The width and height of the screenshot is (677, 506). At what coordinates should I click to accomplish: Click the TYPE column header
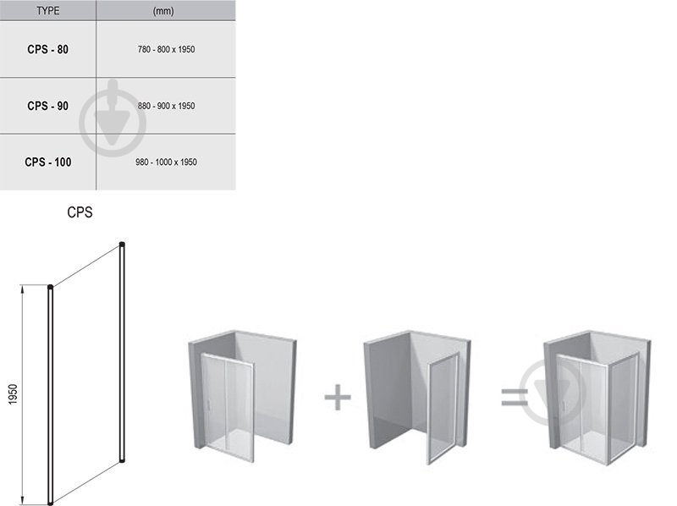[48, 10]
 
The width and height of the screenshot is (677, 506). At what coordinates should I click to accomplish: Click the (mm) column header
[163, 10]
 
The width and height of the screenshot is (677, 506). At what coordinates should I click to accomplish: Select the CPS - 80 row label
[48, 49]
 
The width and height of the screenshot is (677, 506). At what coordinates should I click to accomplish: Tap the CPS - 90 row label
[48, 106]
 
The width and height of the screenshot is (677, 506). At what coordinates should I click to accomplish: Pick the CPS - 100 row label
[48, 162]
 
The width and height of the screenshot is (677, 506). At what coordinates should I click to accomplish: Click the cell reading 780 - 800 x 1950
[166, 49]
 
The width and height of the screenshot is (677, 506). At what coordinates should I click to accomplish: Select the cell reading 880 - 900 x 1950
[166, 106]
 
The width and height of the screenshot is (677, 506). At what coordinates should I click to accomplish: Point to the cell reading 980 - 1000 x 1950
[166, 162]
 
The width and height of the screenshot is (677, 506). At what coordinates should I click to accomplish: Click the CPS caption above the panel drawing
[80, 212]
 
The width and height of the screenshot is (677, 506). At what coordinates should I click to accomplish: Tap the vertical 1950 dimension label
[13, 394]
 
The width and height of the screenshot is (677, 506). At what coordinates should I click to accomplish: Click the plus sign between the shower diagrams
[337, 397]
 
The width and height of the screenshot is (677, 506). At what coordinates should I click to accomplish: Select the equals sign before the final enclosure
[515, 397]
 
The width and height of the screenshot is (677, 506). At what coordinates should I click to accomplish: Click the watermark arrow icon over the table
[113, 118]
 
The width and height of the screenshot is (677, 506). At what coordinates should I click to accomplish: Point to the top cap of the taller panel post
[122, 245]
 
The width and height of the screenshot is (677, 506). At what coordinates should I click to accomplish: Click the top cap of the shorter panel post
[51, 287]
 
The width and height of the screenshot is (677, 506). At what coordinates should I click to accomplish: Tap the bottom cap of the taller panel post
[122, 460]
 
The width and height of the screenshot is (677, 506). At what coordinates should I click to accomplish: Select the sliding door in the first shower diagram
[228, 407]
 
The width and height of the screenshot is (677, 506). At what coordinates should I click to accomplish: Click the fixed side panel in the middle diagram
[443, 408]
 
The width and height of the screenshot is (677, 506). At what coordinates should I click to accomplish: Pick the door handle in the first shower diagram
[208, 405]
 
